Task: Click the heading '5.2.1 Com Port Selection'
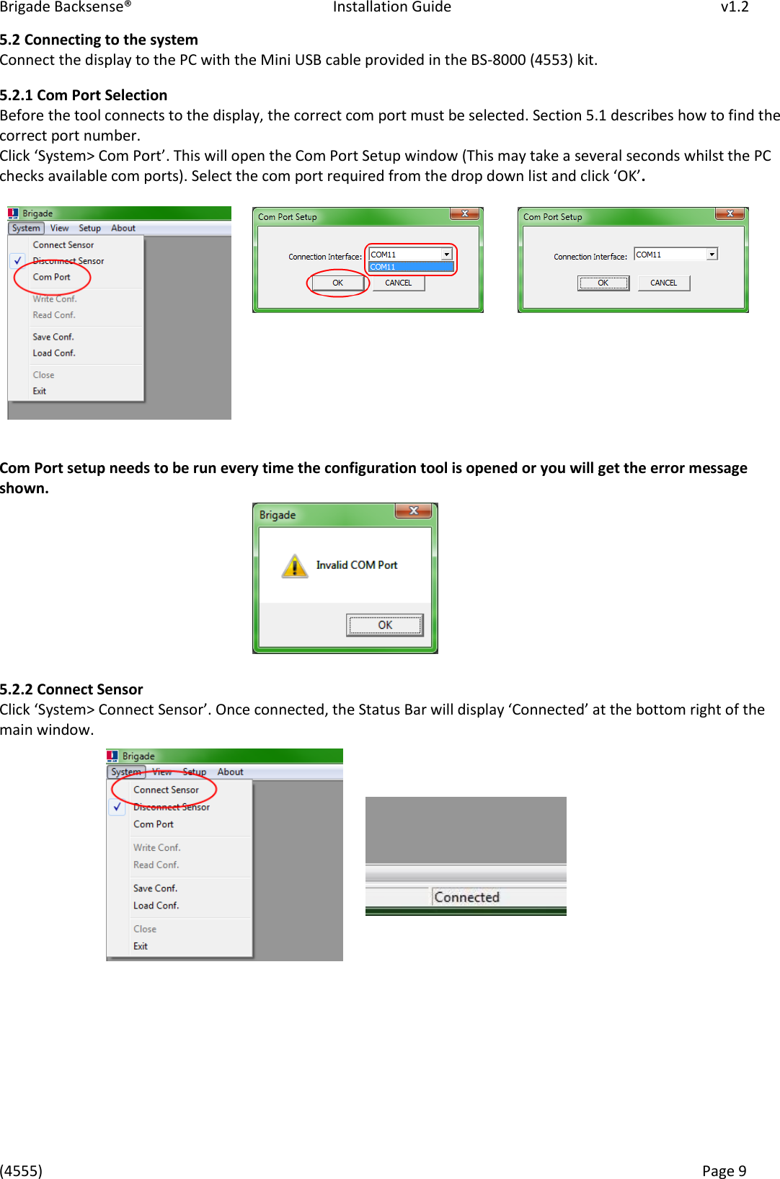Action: click(x=84, y=95)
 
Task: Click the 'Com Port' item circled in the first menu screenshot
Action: click(x=52, y=277)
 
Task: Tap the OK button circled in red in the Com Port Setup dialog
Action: click(x=337, y=283)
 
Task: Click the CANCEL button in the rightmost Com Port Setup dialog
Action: click(x=663, y=283)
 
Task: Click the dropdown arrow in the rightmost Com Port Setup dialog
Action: click(x=712, y=255)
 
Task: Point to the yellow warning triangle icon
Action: click(x=294, y=566)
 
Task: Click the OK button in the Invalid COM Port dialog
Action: click(x=385, y=625)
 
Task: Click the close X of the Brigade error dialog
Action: click(x=413, y=511)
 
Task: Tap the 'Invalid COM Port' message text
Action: click(x=357, y=565)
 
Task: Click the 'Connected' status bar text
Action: click(x=466, y=897)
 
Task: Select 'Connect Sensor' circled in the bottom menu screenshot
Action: click(x=166, y=790)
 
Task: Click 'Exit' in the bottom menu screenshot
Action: click(x=141, y=946)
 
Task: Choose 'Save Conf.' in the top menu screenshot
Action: click(x=53, y=337)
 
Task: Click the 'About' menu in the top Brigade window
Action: click(x=123, y=228)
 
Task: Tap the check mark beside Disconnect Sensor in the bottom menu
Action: click(x=118, y=807)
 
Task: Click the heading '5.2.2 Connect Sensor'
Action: click(x=71, y=689)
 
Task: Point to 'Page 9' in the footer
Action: click(x=724, y=1170)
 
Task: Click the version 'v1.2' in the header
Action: click(x=734, y=7)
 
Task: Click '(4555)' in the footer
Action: click(x=21, y=1170)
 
